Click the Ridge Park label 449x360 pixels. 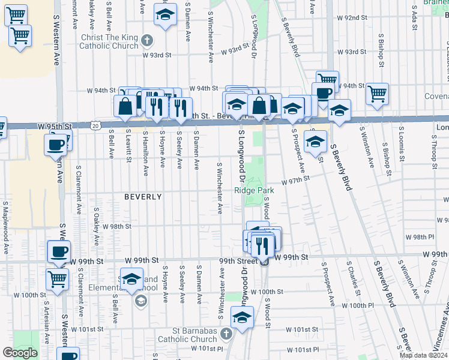[254, 190]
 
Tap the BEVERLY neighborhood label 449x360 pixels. [143, 197]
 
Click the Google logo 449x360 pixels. [20, 352]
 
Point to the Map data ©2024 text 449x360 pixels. [424, 355]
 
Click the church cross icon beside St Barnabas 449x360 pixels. [226, 334]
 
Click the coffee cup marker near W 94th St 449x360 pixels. [322, 93]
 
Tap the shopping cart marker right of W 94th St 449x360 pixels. [378, 93]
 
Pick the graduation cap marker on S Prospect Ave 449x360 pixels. [315, 142]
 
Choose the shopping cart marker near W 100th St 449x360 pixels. [58, 278]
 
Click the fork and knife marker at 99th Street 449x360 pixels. [263, 244]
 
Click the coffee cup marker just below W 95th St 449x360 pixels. [56, 144]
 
